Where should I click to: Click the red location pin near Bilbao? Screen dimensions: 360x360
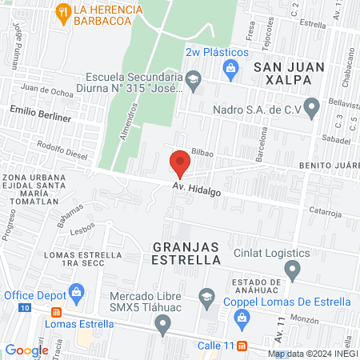180,165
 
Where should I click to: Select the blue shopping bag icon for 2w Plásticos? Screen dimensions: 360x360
230,67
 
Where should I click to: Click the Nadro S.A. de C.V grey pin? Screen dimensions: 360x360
312,106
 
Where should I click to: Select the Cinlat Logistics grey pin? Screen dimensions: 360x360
294,268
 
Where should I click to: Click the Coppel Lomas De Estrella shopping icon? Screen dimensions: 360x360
240,318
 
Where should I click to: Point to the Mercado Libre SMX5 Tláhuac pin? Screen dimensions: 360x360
163,323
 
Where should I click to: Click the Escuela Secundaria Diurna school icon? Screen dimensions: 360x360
193,78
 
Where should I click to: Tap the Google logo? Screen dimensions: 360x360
26,350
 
